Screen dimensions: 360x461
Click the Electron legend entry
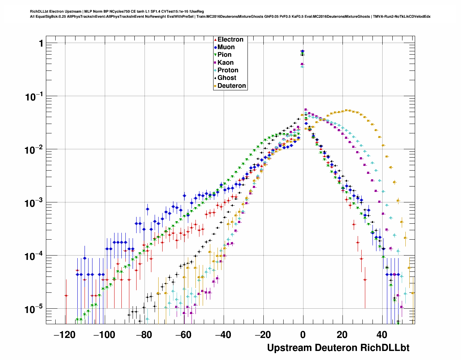[230, 40]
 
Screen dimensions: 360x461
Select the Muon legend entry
[226, 47]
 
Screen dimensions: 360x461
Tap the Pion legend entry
[224, 55]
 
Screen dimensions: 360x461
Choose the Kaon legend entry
[225, 63]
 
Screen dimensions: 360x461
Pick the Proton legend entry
[228, 70]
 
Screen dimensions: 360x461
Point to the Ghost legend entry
[227, 78]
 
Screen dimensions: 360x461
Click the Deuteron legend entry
[232, 86]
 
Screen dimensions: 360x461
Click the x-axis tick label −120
[64, 335]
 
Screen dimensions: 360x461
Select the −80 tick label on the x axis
[144, 335]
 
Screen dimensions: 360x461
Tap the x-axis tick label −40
[223, 335]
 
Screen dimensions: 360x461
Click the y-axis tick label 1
[41, 44]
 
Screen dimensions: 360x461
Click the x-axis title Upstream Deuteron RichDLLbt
[338, 348]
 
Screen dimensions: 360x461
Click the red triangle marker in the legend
[215, 40]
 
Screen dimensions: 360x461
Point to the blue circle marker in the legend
[215, 47]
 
